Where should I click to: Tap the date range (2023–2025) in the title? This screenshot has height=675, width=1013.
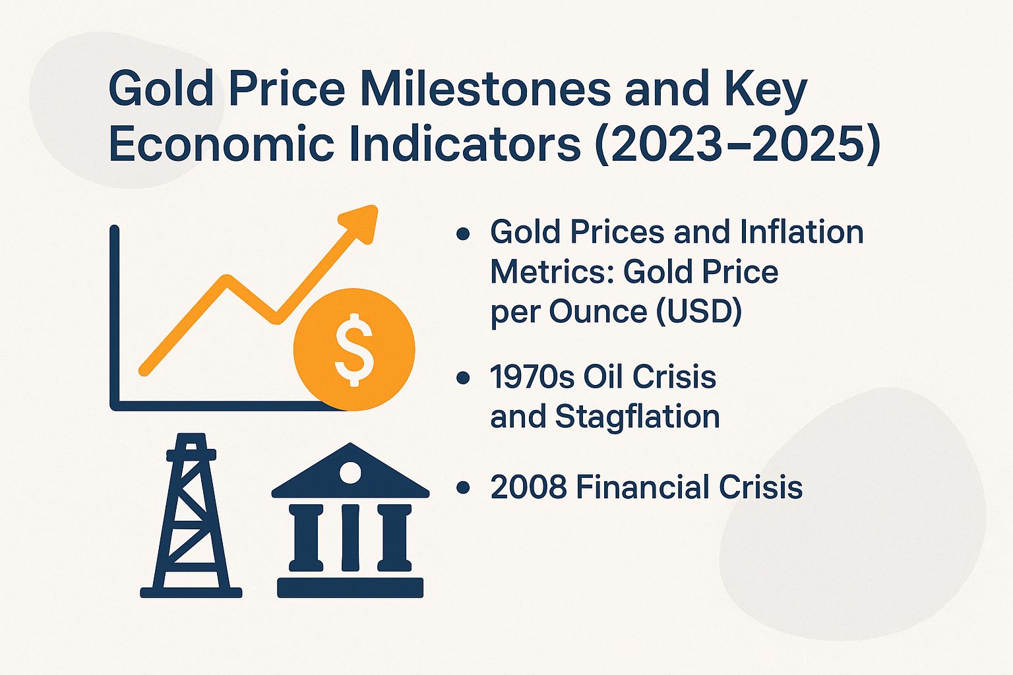point(737,145)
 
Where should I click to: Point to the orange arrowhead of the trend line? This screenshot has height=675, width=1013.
point(361,223)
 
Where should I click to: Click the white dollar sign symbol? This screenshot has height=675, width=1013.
point(354,349)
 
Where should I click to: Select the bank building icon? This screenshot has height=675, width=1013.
point(350,521)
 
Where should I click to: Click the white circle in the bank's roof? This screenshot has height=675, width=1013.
point(350,473)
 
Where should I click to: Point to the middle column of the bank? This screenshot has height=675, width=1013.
point(350,537)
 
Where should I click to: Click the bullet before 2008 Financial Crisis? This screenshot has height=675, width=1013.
point(464,488)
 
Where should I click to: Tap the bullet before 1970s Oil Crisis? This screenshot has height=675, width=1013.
point(464,378)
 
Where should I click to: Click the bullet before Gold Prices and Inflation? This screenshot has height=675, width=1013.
point(464,233)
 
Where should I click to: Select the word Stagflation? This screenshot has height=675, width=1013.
point(637,417)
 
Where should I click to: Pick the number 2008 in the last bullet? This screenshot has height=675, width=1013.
point(528,488)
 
